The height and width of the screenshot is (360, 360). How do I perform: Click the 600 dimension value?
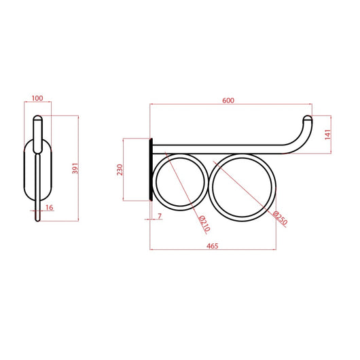click(x=228, y=101)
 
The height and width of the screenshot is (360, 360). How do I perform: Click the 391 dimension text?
click(x=75, y=168)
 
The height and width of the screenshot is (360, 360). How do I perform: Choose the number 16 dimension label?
click(x=49, y=207)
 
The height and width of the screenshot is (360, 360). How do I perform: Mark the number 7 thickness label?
click(x=160, y=215)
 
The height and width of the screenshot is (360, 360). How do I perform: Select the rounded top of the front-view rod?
click(x=39, y=120)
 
